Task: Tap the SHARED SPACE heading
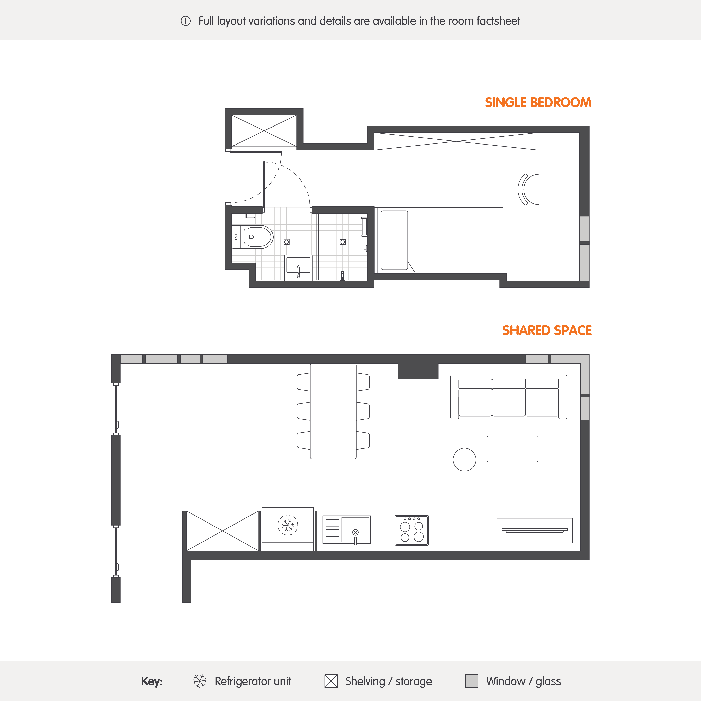547,330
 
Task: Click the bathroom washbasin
298,267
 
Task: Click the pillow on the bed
394,240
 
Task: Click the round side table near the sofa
464,459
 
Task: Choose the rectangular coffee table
512,449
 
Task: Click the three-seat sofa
508,397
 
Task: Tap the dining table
333,411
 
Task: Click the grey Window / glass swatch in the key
472,681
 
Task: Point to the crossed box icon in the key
331,681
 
